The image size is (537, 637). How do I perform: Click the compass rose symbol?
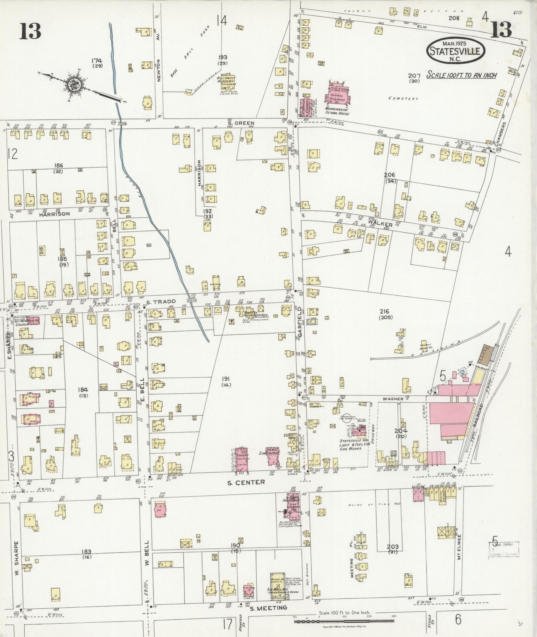point(72,85)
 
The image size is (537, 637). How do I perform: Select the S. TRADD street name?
point(156,301)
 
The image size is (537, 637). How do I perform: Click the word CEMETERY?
point(403,99)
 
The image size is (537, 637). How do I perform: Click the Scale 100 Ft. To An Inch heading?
point(461,75)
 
